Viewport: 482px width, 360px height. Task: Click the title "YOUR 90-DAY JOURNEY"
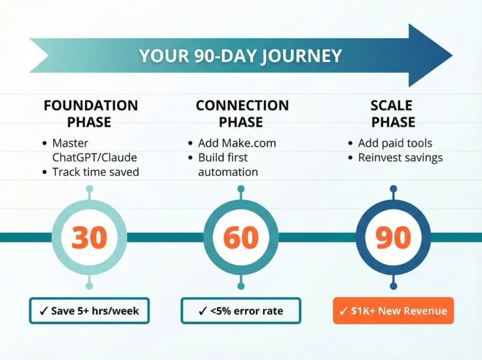pos(241,56)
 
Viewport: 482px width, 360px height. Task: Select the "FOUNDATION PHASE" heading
pos(90,113)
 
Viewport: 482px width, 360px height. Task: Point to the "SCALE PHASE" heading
pos(394,113)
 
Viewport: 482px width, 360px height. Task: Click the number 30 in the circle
pos(89,238)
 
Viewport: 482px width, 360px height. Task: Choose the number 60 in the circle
pos(241,238)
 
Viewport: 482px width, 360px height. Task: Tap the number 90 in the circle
pos(394,238)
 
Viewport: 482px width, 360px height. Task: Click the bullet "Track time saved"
pos(96,172)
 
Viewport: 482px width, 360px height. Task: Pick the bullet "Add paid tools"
pos(395,143)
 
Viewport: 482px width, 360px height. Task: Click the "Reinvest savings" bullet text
pos(400,157)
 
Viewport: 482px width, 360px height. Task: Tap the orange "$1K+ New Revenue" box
pos(394,311)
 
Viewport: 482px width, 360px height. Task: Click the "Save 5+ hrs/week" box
pos(89,311)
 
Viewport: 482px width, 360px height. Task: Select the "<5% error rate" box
pos(241,311)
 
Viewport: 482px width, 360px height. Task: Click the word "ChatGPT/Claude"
pos(90,157)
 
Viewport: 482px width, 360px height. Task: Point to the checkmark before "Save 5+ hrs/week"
pos(43,311)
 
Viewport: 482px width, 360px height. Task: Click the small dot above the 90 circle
pos(394,189)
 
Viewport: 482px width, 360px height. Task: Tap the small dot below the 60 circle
pos(241,286)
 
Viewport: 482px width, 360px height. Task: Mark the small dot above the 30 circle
pos(89,189)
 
